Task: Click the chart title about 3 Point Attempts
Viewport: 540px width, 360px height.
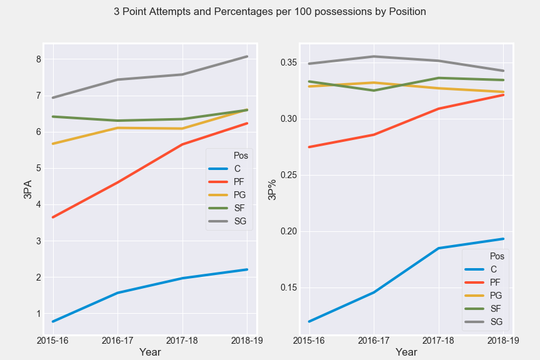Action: pos(270,12)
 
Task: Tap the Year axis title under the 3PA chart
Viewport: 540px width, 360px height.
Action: pos(150,352)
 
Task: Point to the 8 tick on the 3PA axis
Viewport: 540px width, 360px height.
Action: pos(38,59)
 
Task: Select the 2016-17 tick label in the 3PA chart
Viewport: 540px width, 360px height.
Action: pos(117,341)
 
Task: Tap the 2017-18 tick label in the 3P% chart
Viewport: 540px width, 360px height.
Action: pos(439,341)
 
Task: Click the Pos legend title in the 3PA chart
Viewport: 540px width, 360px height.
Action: pos(232,156)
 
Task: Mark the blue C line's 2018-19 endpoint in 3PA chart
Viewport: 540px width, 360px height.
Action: pos(247,269)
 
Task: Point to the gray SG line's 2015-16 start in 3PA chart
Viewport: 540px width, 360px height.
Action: pos(52,97)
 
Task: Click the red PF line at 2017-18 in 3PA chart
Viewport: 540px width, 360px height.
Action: pos(182,144)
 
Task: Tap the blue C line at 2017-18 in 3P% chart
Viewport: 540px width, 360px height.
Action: pos(439,248)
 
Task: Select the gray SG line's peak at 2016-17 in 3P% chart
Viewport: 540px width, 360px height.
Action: pos(374,56)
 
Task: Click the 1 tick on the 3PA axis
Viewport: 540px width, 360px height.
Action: pos(38,314)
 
